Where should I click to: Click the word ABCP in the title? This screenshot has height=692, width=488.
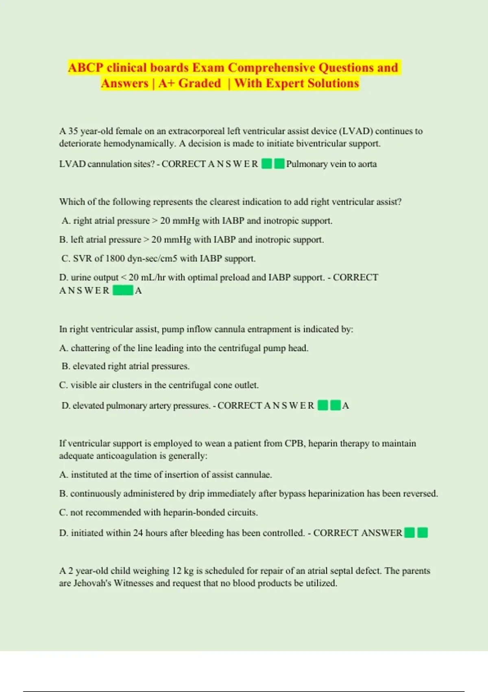[85, 68]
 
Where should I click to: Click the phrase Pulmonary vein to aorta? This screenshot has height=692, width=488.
[331, 164]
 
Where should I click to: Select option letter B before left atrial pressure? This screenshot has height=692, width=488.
[63, 240]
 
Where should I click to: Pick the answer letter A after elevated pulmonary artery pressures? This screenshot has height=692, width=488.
[345, 406]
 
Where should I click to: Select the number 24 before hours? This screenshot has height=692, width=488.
[138, 533]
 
